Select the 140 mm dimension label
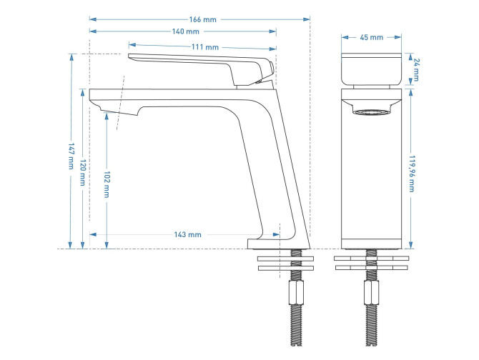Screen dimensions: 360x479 [x=185, y=31]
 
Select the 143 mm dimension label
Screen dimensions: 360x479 [x=188, y=234]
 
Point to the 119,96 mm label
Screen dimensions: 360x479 [x=412, y=174]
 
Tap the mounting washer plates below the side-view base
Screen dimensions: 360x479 [x=284, y=262]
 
